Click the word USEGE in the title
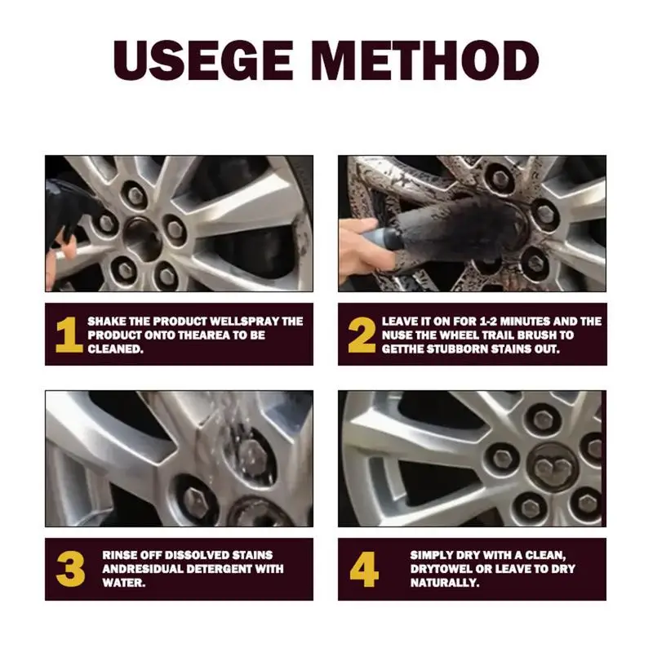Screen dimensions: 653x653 pyautogui.click(x=202, y=60)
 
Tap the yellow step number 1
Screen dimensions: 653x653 pyautogui.click(x=68, y=335)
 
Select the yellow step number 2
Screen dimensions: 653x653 pyautogui.click(x=362, y=335)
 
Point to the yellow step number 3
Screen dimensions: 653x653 pyautogui.click(x=70, y=569)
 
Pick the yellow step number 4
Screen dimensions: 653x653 pyautogui.click(x=364, y=569)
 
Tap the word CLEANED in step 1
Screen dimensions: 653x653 pyautogui.click(x=115, y=349)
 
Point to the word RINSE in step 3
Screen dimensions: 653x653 pyautogui.click(x=119, y=555)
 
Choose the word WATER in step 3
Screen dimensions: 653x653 pyautogui.click(x=124, y=583)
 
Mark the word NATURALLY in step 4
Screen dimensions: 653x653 pyautogui.click(x=445, y=583)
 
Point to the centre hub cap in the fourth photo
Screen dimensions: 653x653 pyautogui.click(x=551, y=466)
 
